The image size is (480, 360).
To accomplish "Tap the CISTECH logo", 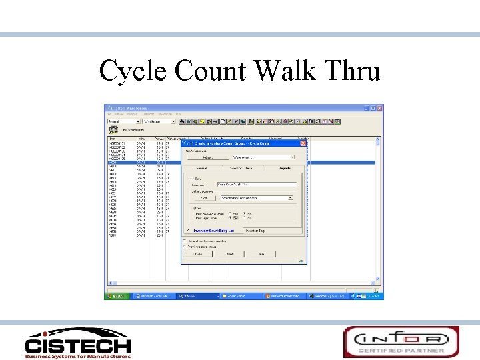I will (78, 343).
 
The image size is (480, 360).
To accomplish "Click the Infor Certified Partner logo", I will (401, 341).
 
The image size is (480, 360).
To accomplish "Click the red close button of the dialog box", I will (303, 143).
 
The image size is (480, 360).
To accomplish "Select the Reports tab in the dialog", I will (285, 168).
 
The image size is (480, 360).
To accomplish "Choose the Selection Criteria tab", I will (243, 168).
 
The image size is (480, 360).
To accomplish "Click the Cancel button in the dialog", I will (229, 254).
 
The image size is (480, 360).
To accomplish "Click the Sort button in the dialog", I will (205, 198).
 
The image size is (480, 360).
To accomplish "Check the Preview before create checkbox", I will (185, 245).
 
